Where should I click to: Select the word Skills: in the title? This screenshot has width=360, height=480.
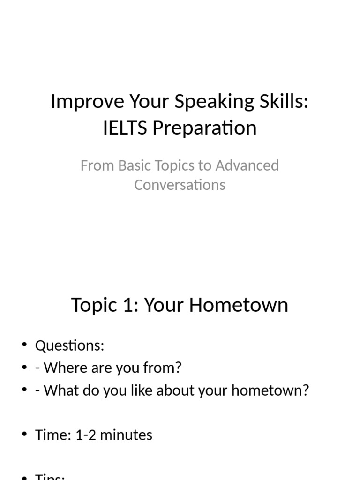(x=282, y=102)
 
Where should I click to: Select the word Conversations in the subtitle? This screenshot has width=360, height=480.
(x=180, y=185)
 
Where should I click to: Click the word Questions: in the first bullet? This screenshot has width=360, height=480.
(x=69, y=346)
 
